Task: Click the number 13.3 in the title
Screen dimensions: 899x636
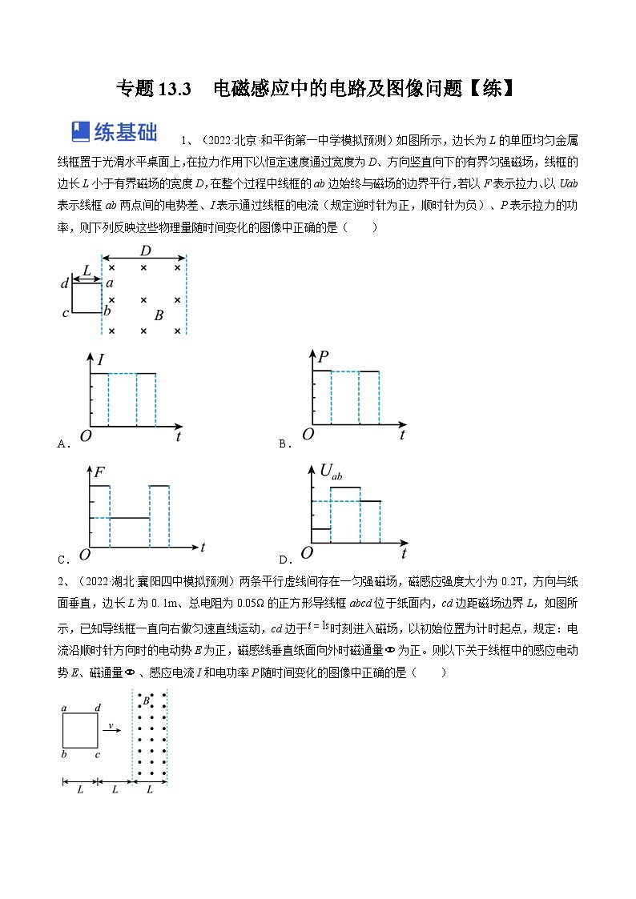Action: coord(174,88)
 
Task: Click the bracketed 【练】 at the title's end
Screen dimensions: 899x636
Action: coord(490,88)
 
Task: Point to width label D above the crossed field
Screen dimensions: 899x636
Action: coord(145,251)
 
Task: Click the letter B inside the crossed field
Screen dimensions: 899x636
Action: coord(159,315)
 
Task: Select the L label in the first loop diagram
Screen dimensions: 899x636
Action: coord(87,271)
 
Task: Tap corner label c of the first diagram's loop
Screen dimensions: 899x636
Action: coord(66,313)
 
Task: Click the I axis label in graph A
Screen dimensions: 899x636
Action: coord(101,361)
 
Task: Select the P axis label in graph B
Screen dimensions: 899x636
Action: coord(323,358)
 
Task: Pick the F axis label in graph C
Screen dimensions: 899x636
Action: coord(99,473)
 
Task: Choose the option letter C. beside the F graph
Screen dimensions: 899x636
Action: coord(62,559)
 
